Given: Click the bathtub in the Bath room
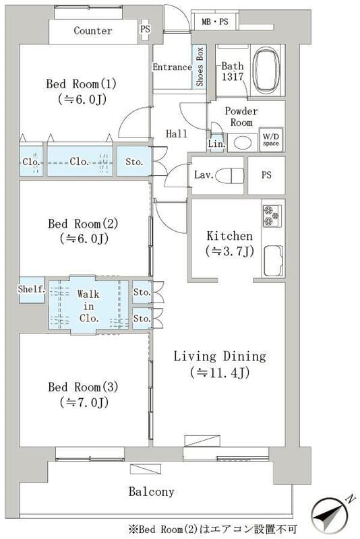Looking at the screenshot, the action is pos(266,70).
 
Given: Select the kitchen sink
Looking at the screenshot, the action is pos(273,261).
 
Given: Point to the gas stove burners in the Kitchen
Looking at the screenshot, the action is pos(272,216).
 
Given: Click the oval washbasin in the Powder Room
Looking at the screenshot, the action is pos(243,143).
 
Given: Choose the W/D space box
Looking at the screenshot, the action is pos(271,139).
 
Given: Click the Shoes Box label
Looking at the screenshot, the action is pos(200,67).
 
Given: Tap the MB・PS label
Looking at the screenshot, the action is pos(215,22).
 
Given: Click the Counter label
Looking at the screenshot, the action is pos(93,31).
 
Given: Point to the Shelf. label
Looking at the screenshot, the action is pos(31,290).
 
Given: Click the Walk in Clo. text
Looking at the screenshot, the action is pos(88,306).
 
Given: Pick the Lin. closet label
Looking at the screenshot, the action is pos(216,144).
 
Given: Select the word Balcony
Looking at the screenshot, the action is pos(151,492).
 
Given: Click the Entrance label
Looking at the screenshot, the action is pos(173,67).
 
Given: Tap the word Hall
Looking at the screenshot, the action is pos(177,133).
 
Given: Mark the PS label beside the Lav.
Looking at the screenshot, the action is pos(266,175).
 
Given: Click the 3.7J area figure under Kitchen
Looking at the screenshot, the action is pos(230,251).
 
